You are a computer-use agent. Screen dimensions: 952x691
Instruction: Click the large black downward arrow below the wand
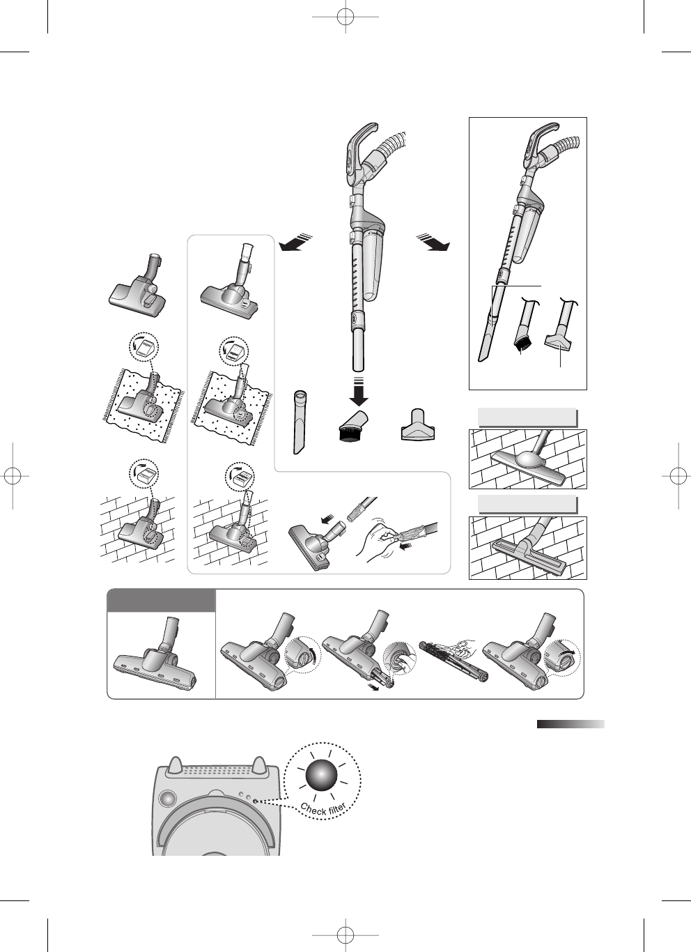pos(359,392)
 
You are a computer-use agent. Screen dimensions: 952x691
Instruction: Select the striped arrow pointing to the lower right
pos(433,243)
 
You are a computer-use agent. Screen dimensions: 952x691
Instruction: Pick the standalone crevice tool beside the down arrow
pos(300,422)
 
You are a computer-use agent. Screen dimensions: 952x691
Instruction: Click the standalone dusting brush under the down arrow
pos(355,427)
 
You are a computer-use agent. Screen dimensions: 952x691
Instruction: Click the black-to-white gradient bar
pos(570,724)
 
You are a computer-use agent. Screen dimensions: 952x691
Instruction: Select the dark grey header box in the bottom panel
pos(161,601)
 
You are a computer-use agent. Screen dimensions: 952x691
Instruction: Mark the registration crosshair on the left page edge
pos(13,476)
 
